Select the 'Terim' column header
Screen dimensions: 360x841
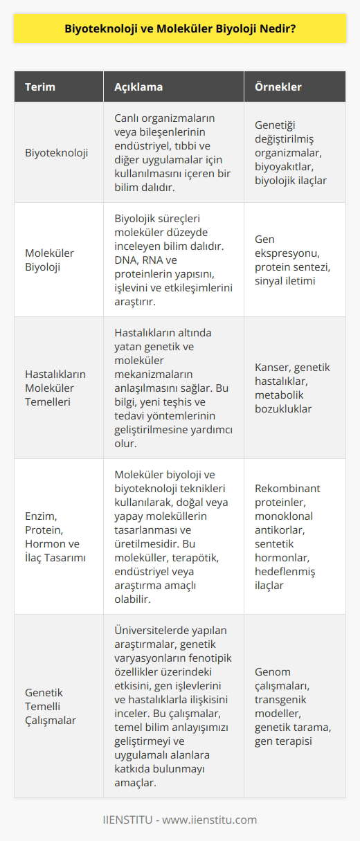(x=40, y=88)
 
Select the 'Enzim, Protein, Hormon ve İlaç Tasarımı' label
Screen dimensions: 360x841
(x=57, y=536)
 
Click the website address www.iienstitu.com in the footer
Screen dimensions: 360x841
(x=215, y=820)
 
